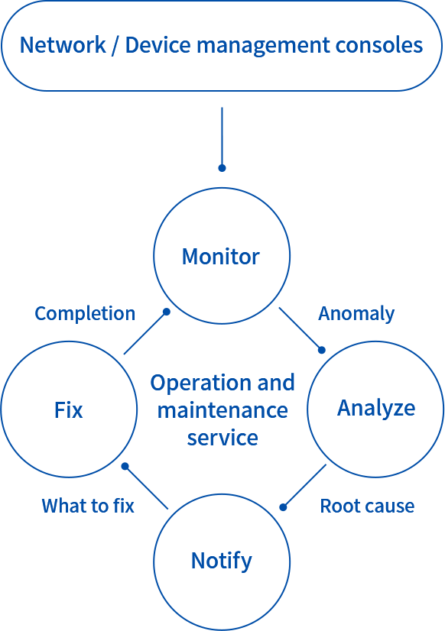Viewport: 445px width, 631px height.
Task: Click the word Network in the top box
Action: click(x=63, y=44)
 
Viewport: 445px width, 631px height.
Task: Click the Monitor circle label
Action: click(x=221, y=257)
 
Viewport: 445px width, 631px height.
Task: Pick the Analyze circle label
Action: click(x=376, y=409)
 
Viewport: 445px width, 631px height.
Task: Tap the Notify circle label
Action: click(x=222, y=561)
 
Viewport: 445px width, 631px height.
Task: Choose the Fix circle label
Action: click(x=69, y=410)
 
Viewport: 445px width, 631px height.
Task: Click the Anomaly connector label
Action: click(x=356, y=314)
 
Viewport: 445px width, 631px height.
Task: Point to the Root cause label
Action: click(x=367, y=506)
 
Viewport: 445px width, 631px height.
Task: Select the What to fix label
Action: click(x=88, y=506)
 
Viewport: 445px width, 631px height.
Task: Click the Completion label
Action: click(x=85, y=313)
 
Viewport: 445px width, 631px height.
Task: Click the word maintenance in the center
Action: click(x=222, y=410)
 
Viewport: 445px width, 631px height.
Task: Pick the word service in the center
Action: click(x=222, y=438)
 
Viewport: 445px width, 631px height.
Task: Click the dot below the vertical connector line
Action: click(x=222, y=168)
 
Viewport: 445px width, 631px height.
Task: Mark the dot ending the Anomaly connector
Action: click(x=321, y=350)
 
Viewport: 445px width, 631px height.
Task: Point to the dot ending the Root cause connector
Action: click(x=283, y=507)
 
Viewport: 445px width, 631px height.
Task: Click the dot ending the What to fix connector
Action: click(x=125, y=466)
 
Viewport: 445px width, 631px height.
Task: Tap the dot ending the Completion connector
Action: click(x=167, y=312)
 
